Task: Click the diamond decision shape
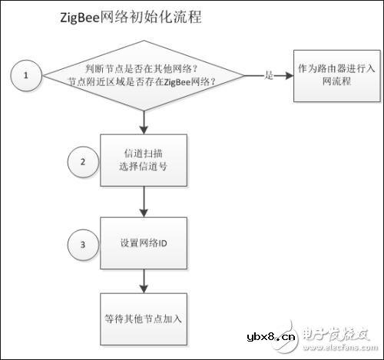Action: tap(144, 75)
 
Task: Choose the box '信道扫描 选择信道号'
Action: tap(144, 160)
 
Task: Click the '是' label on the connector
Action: tap(268, 75)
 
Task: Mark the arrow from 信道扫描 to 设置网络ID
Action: tap(144, 202)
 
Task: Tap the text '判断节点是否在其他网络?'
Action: tap(144, 68)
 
